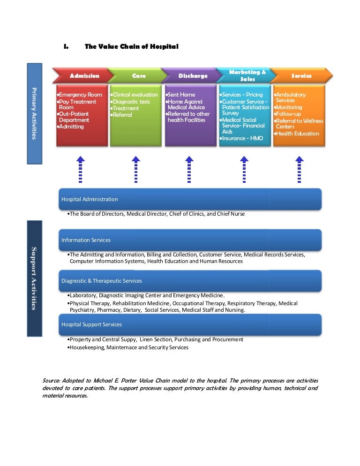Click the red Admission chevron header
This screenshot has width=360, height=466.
(x=84, y=75)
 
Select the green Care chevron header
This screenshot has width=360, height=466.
(x=139, y=75)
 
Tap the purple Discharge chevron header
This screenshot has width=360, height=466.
(x=193, y=75)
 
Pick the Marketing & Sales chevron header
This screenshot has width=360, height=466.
(x=247, y=75)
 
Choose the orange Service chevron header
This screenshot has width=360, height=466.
(x=301, y=75)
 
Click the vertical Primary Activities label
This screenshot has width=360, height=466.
(x=35, y=113)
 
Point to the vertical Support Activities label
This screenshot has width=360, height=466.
(x=35, y=278)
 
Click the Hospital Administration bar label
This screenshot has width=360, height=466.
(x=90, y=199)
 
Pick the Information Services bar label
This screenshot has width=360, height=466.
(x=86, y=240)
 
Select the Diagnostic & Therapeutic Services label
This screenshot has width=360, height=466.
(x=102, y=281)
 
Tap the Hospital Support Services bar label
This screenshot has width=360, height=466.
(x=92, y=324)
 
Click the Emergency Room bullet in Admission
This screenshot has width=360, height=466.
(x=80, y=95)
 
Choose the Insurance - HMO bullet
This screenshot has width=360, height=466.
(x=242, y=138)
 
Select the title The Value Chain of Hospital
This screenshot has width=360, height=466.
(x=131, y=46)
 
